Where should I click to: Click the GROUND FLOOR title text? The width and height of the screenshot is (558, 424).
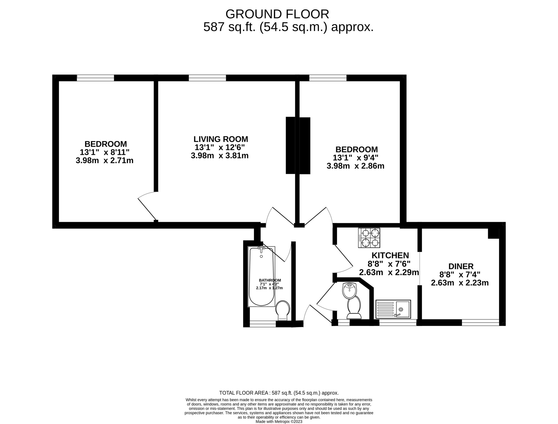(x=277, y=14)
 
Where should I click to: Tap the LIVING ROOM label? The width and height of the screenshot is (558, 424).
(x=221, y=139)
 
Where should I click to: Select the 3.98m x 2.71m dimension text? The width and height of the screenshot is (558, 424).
(x=104, y=160)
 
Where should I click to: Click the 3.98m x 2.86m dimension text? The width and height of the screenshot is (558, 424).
(x=355, y=166)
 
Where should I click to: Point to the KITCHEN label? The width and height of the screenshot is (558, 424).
(x=390, y=255)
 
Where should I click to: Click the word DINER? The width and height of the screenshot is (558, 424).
(x=461, y=266)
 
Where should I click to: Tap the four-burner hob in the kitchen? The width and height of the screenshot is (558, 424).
(x=369, y=238)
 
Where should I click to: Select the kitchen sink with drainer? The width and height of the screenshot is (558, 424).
(x=393, y=309)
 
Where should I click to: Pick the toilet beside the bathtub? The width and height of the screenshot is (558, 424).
(x=283, y=310)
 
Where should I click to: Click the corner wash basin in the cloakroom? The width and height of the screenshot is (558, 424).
(x=349, y=290)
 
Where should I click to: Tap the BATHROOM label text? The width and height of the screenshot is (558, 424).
(x=270, y=280)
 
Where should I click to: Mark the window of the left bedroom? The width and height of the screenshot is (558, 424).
(x=95, y=78)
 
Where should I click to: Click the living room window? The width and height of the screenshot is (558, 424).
(x=207, y=78)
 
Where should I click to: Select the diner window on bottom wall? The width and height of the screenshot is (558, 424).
(x=480, y=322)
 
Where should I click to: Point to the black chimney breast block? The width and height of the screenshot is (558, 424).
(x=298, y=146)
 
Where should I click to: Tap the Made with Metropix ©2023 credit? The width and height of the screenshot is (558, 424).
(x=279, y=421)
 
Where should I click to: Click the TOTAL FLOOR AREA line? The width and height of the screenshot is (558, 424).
(x=279, y=393)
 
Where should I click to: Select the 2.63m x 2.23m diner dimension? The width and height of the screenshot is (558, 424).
(x=460, y=283)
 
